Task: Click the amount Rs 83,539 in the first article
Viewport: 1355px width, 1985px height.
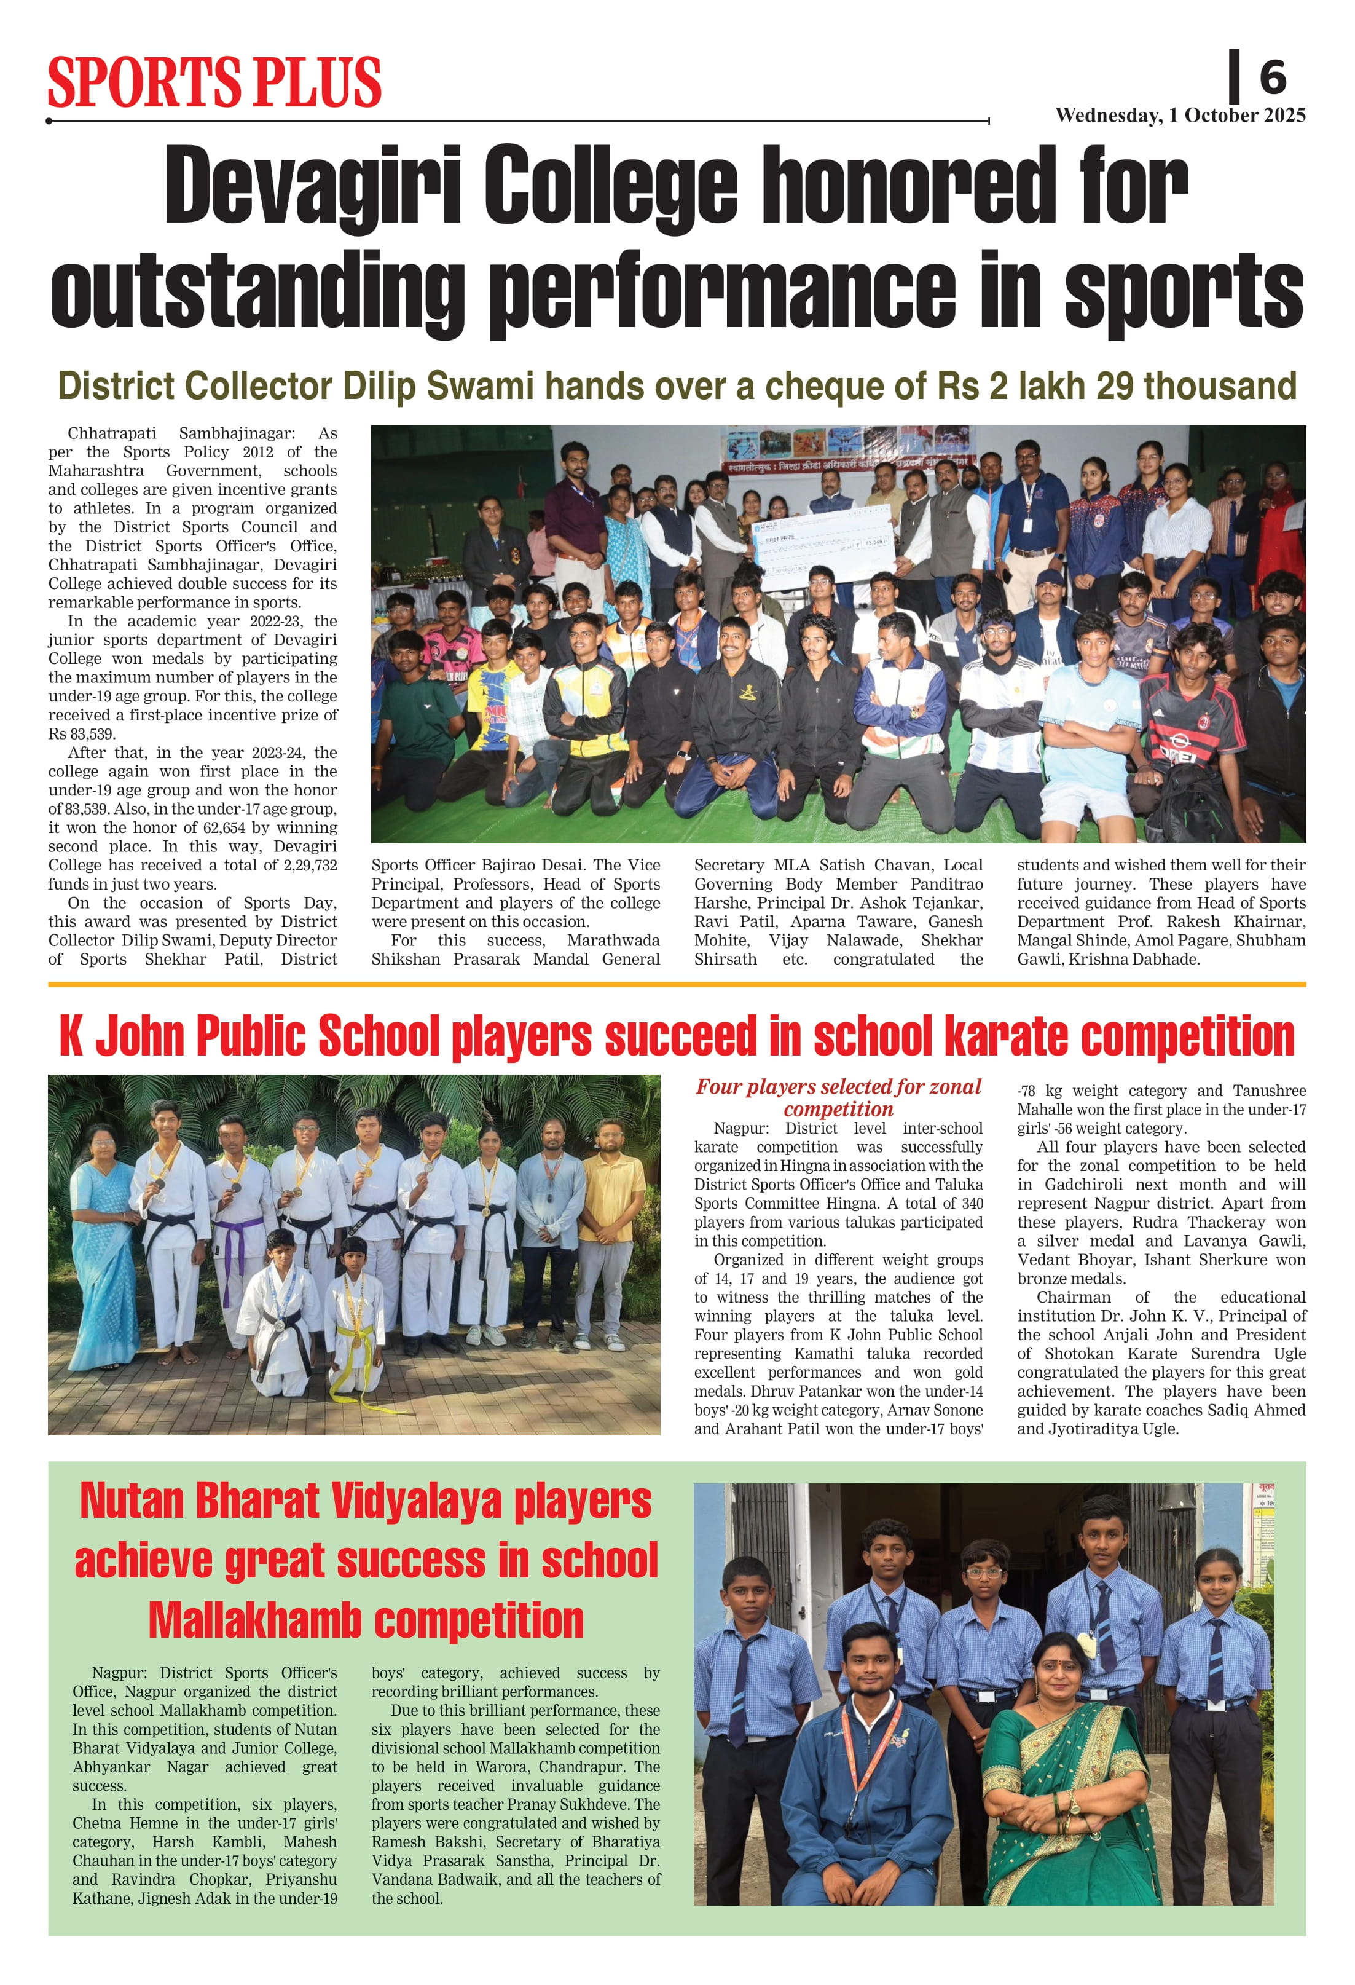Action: [81, 734]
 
